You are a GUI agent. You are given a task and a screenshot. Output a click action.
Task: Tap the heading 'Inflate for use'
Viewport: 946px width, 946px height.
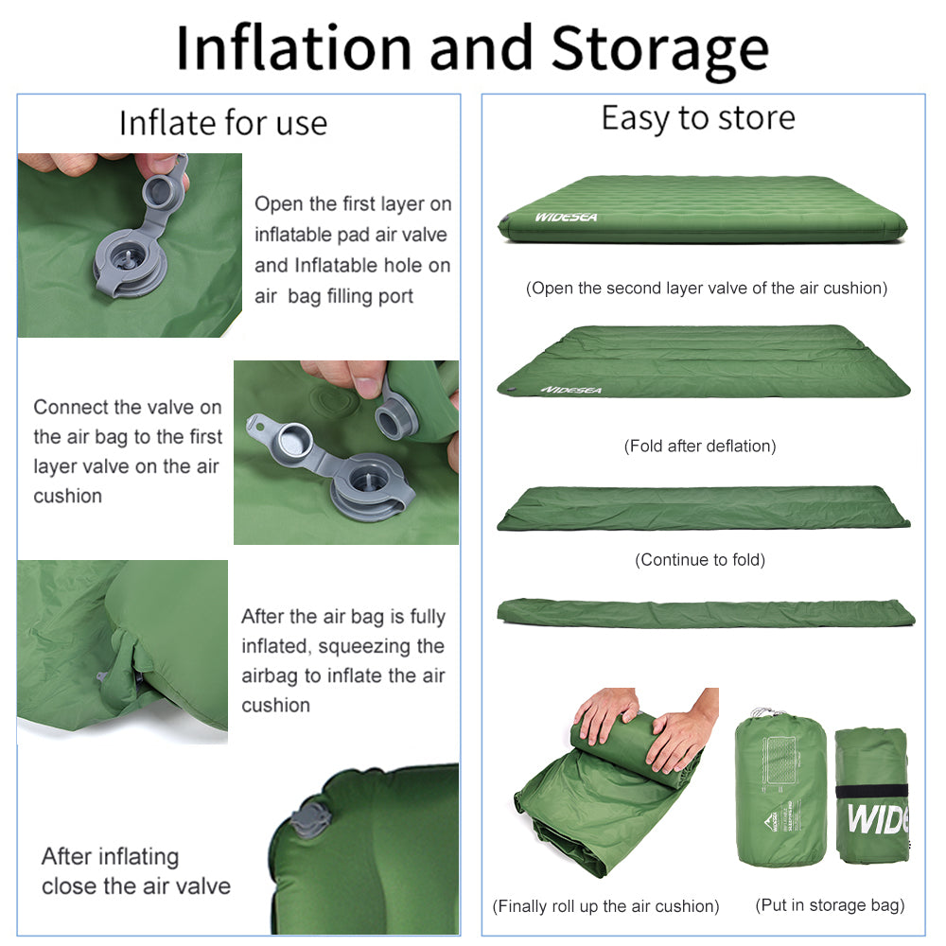point(223,123)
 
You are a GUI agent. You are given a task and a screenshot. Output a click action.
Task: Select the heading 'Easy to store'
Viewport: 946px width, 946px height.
point(698,118)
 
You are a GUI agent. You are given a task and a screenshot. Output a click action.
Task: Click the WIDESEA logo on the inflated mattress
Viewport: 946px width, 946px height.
point(566,218)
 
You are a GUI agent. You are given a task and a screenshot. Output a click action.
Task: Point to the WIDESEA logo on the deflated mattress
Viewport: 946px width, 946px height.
point(571,389)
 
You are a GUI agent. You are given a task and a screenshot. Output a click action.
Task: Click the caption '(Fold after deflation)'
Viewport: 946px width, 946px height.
point(700,446)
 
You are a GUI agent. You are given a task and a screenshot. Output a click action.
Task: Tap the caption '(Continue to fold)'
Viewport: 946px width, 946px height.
point(700,560)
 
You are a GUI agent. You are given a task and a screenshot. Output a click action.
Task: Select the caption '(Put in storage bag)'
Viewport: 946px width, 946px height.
point(830,905)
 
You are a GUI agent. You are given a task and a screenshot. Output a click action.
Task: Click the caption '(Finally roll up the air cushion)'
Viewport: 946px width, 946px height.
point(605,906)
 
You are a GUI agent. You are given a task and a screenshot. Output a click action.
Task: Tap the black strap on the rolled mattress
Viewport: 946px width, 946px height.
point(871,791)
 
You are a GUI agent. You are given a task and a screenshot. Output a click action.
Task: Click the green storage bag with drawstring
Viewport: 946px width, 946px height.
point(780,790)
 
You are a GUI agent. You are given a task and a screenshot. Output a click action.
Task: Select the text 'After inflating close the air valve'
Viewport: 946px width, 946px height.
point(135,871)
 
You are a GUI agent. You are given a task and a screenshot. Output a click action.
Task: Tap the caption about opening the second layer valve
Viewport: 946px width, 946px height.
point(707,289)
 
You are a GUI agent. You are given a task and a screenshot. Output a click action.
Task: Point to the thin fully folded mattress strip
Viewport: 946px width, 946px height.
point(706,613)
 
